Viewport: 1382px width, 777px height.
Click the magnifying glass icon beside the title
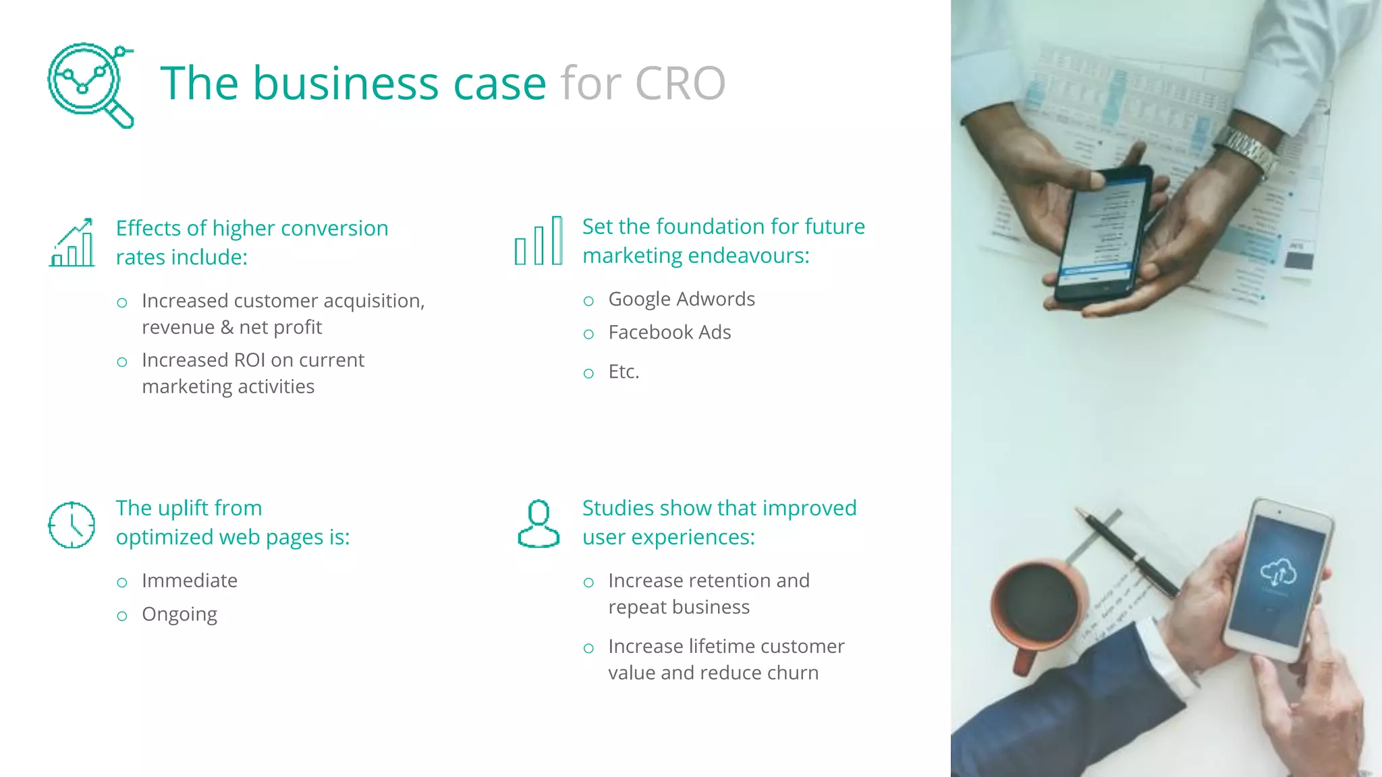(90, 85)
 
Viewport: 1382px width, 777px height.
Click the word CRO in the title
(680, 84)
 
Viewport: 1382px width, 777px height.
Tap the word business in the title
(345, 84)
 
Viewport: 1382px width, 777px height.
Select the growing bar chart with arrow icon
(72, 243)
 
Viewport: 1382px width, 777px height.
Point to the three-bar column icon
(538, 241)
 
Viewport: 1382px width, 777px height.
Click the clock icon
(72, 525)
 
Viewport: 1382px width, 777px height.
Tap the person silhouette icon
(538, 523)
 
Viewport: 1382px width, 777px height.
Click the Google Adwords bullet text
(682, 299)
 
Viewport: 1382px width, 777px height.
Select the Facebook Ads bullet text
(669, 333)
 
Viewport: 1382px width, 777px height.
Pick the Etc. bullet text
(624, 372)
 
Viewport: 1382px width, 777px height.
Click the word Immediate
(190, 581)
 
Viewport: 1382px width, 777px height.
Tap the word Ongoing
(179, 614)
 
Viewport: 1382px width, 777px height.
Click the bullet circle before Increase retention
(588, 583)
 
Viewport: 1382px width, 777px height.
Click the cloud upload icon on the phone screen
(1278, 572)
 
